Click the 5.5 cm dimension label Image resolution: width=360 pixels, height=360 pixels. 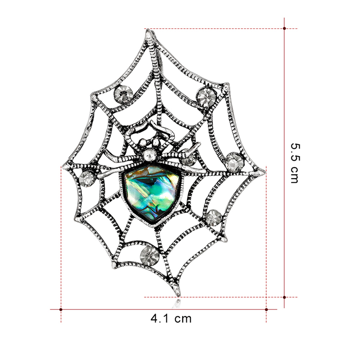[295, 163]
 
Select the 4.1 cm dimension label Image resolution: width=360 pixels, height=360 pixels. [171, 319]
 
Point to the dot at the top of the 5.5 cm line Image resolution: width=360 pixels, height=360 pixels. [284, 28]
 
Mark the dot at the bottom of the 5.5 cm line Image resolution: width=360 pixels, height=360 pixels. [284, 297]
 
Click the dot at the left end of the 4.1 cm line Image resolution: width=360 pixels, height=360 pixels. [61, 310]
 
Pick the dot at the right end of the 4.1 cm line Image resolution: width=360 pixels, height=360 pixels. [266, 310]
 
